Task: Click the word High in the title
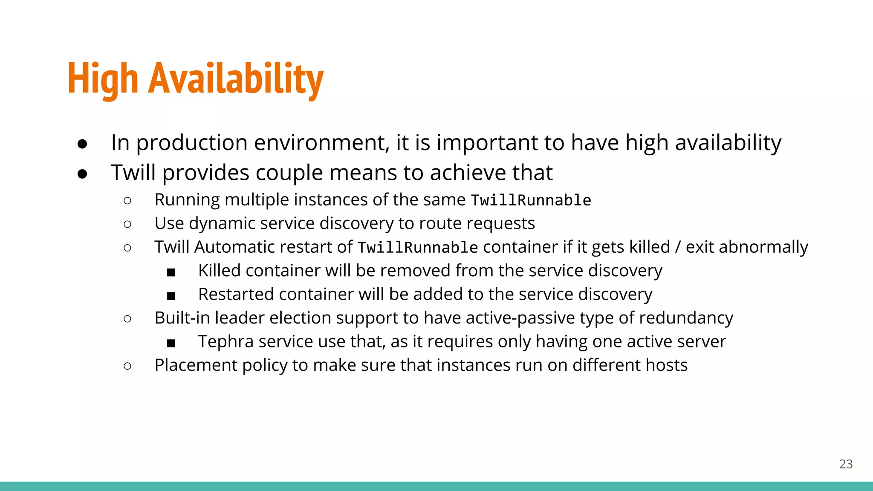(103, 79)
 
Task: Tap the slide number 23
(846, 464)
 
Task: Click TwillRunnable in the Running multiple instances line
(531, 200)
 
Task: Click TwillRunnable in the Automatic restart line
(418, 247)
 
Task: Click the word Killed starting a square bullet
(219, 271)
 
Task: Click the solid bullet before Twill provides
(83, 174)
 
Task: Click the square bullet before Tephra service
(171, 343)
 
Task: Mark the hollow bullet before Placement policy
(127, 366)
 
